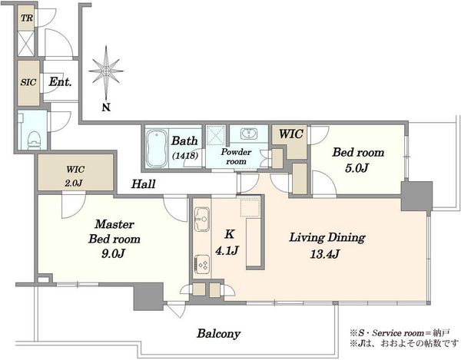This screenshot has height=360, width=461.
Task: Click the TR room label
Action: (x=27, y=18)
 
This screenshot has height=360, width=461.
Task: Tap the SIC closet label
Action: (x=28, y=82)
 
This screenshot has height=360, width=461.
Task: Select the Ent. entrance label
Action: (x=60, y=81)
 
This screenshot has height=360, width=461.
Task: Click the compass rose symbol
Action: (x=106, y=71)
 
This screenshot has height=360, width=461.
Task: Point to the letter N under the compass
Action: (x=106, y=107)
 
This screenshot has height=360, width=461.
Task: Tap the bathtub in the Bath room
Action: (x=157, y=148)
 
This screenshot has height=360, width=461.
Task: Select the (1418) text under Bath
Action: (x=185, y=155)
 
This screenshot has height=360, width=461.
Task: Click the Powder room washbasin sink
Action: (x=249, y=134)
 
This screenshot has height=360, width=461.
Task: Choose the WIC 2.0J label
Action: (x=75, y=177)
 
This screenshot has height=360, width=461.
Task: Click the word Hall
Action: (x=143, y=184)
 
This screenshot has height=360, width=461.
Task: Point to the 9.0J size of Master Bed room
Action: (x=113, y=253)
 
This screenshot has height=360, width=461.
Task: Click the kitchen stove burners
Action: (x=202, y=264)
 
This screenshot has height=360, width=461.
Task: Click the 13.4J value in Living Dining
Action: (x=325, y=254)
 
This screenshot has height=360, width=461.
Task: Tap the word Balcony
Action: (x=219, y=334)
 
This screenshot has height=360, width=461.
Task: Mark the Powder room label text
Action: (x=237, y=157)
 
